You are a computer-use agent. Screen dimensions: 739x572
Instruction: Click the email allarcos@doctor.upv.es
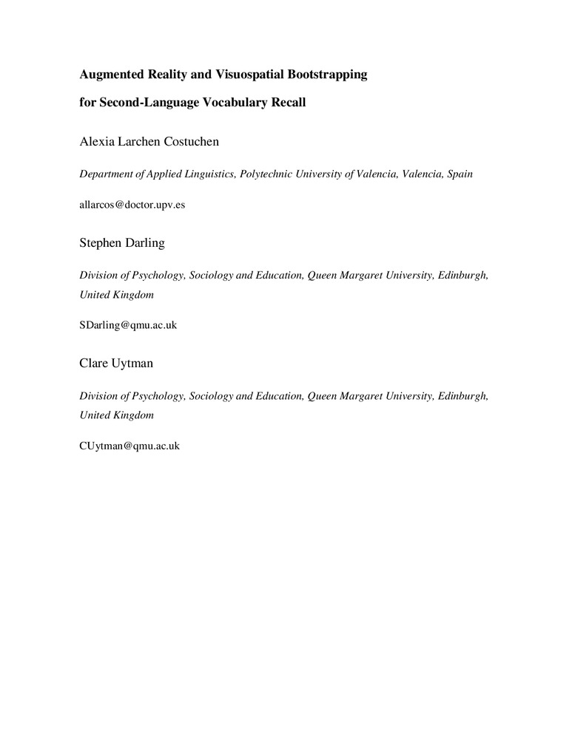(x=132, y=205)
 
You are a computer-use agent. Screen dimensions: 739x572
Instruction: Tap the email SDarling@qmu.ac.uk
(x=128, y=324)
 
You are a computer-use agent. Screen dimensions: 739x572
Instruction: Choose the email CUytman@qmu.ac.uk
(x=129, y=446)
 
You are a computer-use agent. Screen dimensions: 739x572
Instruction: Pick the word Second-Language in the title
(x=141, y=103)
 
